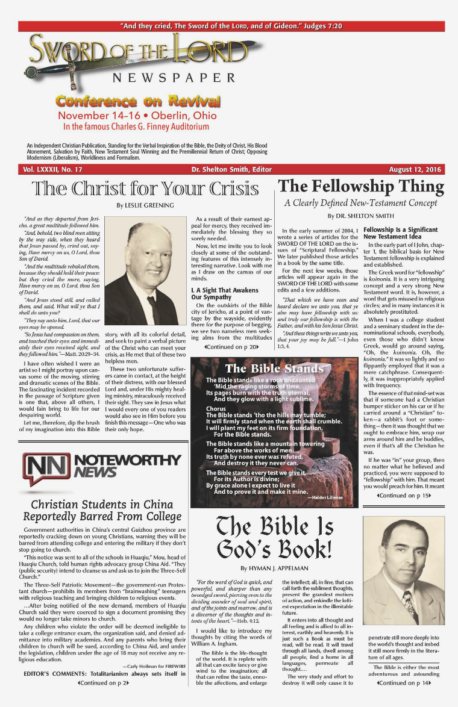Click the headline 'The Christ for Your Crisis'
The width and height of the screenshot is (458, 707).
(146, 188)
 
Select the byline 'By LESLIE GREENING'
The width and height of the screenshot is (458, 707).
(145, 205)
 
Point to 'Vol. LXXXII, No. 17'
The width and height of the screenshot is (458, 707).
(53, 169)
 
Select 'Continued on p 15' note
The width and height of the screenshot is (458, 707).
(404, 495)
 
